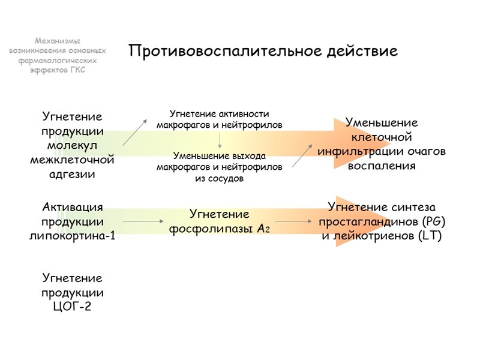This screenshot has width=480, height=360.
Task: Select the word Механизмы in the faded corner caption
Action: (x=58, y=41)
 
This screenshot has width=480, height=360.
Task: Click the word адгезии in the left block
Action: (x=73, y=175)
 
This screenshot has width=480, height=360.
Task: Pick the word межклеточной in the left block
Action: (x=73, y=160)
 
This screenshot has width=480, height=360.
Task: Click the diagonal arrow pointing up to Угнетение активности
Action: (x=135, y=132)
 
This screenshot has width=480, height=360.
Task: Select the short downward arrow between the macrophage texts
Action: (x=220, y=140)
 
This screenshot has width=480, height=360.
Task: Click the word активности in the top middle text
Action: (x=244, y=114)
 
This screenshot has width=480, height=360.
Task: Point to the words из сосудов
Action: (x=219, y=179)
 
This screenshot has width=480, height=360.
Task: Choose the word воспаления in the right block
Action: (x=382, y=166)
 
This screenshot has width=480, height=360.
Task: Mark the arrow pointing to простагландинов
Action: (x=297, y=222)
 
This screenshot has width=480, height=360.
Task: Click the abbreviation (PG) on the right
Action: (x=434, y=221)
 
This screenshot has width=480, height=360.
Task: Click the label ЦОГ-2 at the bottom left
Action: (x=73, y=308)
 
